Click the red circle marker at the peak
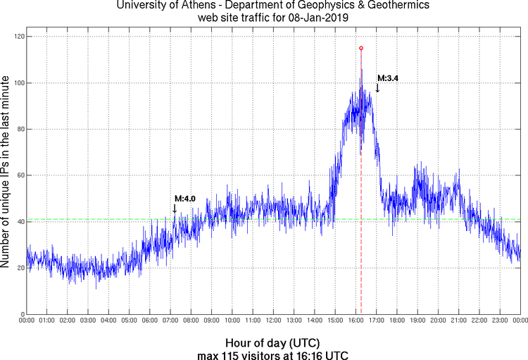coord(361,48)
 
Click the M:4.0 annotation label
coord(184,199)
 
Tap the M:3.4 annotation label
coord(388,78)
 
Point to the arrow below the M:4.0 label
coord(175,208)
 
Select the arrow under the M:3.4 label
coord(377,88)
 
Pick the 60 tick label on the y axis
coord(19,175)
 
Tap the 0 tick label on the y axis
coord(21,314)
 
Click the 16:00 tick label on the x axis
coord(356,321)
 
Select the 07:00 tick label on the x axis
coord(171,321)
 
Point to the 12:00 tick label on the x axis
coord(274,321)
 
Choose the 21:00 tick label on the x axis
coord(458,321)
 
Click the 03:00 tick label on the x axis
coord(89,321)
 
